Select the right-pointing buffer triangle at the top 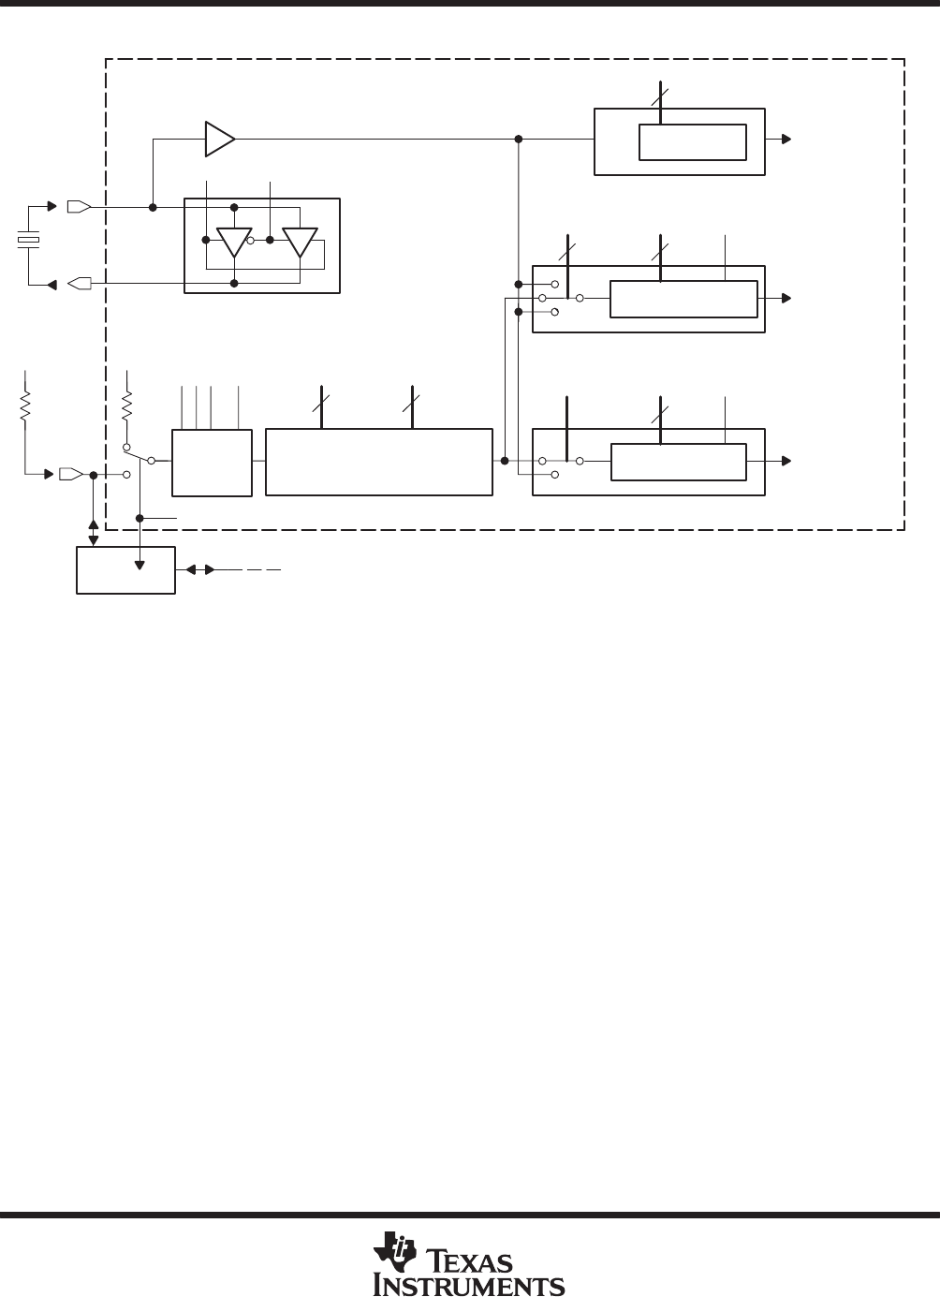coord(219,139)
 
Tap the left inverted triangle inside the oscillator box coord(234,242)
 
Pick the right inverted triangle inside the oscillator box coord(301,242)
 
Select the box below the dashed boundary coord(125,569)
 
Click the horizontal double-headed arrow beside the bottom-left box coord(197,569)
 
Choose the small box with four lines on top coord(212,463)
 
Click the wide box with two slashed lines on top coord(378,462)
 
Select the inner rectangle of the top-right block coord(692,141)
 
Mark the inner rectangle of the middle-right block coord(683,299)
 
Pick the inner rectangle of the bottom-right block coord(678,462)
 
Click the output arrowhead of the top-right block coord(787,140)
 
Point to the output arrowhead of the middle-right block coord(787,298)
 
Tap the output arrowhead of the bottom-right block coord(787,461)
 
